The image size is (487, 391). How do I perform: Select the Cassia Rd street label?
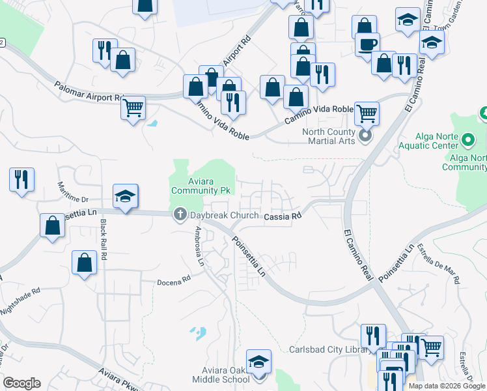[283, 216]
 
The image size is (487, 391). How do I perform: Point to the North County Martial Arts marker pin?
[365, 136]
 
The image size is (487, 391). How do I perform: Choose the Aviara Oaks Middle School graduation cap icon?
[258, 361]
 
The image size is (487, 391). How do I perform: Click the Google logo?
[21, 383]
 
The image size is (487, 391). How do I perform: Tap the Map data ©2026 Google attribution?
[447, 386]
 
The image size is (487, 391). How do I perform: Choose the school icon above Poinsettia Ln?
[125, 195]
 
